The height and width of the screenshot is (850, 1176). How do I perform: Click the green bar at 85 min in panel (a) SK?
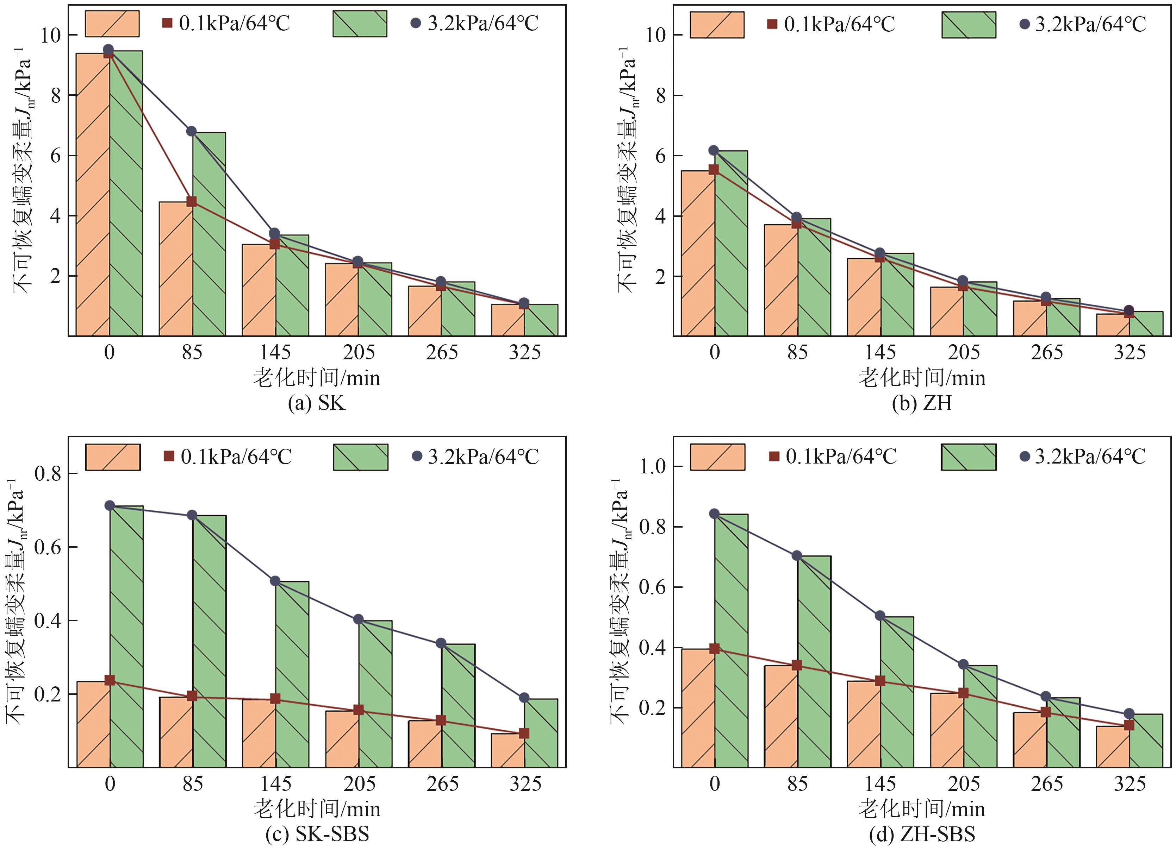click(209, 233)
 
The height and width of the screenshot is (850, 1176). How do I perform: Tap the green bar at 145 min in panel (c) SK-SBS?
click(292, 674)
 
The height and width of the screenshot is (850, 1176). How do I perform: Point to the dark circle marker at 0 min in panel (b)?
click(714, 150)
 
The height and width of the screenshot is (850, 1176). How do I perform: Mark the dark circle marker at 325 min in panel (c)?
click(524, 698)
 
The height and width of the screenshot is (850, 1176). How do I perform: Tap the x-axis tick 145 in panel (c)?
click(276, 784)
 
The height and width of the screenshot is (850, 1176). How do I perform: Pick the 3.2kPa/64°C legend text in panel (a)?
click(483, 23)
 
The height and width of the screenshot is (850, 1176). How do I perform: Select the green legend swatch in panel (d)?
click(968, 457)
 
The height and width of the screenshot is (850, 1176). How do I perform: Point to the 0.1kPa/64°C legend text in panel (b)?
click(840, 24)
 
